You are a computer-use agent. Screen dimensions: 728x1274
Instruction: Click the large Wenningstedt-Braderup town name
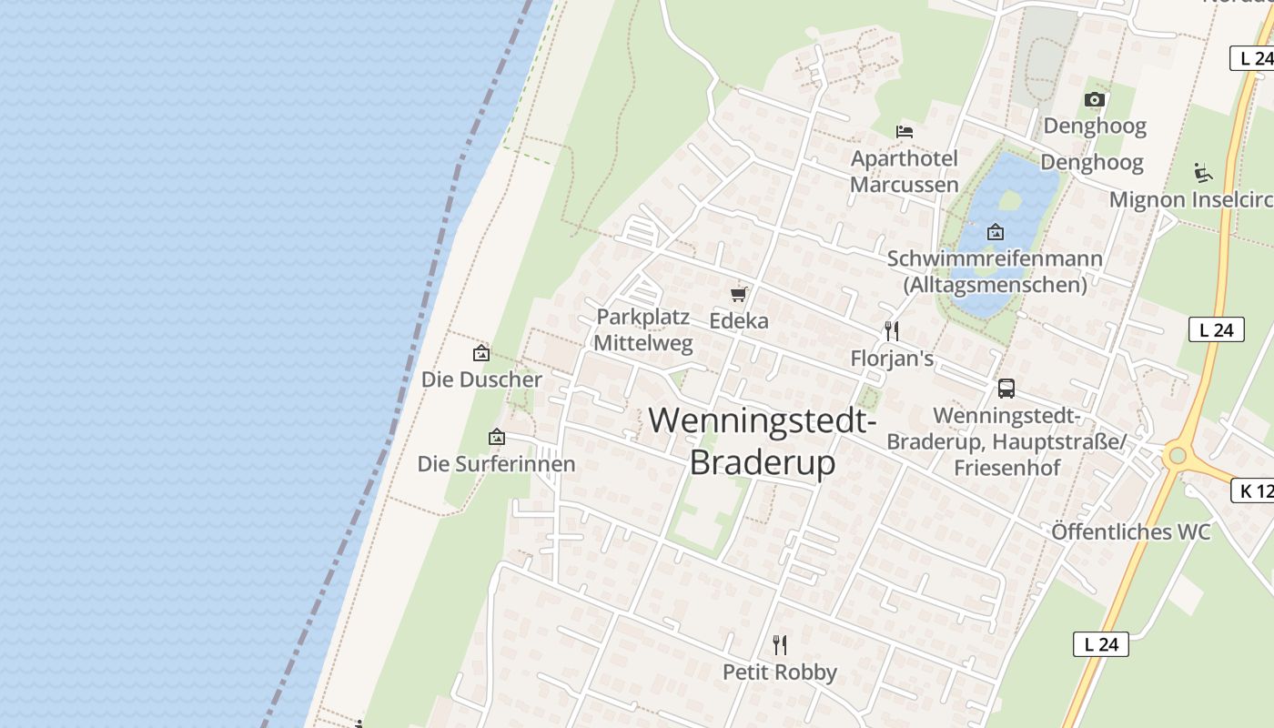[x=763, y=441]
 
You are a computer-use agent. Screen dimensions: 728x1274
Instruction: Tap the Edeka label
[x=739, y=320]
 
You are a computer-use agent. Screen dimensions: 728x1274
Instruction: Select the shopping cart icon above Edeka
[x=739, y=294]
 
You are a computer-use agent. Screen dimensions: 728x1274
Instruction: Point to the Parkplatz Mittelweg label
[x=643, y=330]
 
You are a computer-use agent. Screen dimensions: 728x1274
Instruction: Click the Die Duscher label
[x=481, y=379]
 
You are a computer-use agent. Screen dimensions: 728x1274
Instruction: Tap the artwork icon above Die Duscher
[x=481, y=353]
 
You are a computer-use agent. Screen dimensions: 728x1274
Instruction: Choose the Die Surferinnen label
[x=496, y=464]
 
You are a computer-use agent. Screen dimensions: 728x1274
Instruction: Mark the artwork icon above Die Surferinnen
[x=496, y=438]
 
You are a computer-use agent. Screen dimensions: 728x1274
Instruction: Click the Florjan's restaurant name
[x=892, y=359]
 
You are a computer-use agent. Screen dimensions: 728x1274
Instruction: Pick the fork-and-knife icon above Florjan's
[x=892, y=331]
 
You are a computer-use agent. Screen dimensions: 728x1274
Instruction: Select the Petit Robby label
[x=779, y=672]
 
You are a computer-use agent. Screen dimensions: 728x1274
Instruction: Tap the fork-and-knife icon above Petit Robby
[x=779, y=645]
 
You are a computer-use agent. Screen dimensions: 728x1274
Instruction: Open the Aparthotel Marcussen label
[x=905, y=171]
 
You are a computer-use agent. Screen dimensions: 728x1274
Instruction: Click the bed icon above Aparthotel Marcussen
[x=905, y=132]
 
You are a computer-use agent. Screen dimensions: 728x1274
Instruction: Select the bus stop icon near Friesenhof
[x=1006, y=389]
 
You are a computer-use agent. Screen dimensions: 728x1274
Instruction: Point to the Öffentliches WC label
[x=1131, y=531]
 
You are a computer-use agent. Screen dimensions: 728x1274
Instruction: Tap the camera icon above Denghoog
[x=1095, y=99]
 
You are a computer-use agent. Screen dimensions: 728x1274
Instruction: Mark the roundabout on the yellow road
[x=1178, y=453]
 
